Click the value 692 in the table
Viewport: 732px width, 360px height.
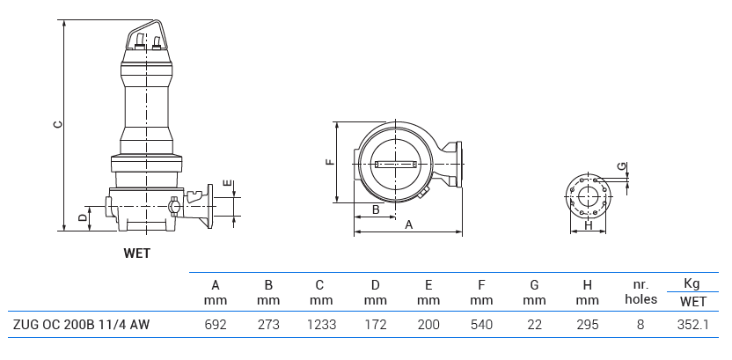coord(216,325)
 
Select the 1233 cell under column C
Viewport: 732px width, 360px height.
coord(320,325)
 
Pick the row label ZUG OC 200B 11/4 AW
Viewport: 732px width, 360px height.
coord(81,325)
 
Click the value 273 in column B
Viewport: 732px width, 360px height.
coord(268,325)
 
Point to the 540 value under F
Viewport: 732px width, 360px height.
coord(480,325)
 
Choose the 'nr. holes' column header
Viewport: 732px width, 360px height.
coord(640,292)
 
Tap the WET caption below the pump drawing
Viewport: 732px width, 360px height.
coord(137,253)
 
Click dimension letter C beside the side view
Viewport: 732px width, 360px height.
coord(57,124)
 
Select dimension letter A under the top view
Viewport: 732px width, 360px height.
coord(409,225)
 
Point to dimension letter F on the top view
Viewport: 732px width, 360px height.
coord(329,162)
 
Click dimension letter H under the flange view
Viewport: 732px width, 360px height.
coord(588,225)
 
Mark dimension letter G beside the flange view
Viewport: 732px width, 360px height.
coord(621,165)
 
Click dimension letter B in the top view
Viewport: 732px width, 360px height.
coord(376,209)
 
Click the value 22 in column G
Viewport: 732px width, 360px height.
coord(534,325)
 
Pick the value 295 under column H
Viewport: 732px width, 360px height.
coord(587,325)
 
